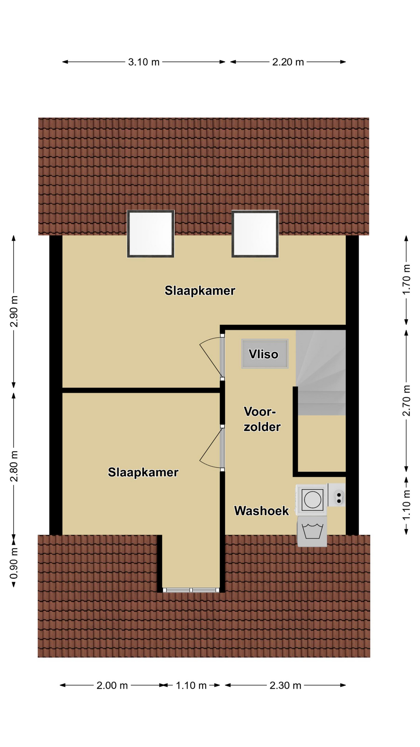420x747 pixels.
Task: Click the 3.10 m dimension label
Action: tap(144, 62)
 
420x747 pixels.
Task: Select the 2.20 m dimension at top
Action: tap(288, 62)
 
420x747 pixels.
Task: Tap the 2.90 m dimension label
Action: tap(14, 312)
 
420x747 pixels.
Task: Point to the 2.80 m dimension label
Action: tap(14, 466)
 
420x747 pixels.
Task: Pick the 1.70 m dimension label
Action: tap(406, 279)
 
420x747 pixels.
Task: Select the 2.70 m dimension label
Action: tap(406, 400)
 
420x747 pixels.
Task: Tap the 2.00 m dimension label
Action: tap(112, 685)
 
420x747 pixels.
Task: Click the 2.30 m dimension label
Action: tap(285, 685)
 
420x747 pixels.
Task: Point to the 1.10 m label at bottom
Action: tap(191, 685)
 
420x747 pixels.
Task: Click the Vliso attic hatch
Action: tap(265, 354)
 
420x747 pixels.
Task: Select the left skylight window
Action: tap(150, 234)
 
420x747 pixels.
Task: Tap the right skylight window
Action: tap(255, 234)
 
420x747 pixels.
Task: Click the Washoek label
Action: tap(261, 511)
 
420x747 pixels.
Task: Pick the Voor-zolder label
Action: tap(262, 419)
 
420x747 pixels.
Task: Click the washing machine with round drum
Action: tap(312, 500)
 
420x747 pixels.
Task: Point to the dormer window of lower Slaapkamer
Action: tap(191, 590)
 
